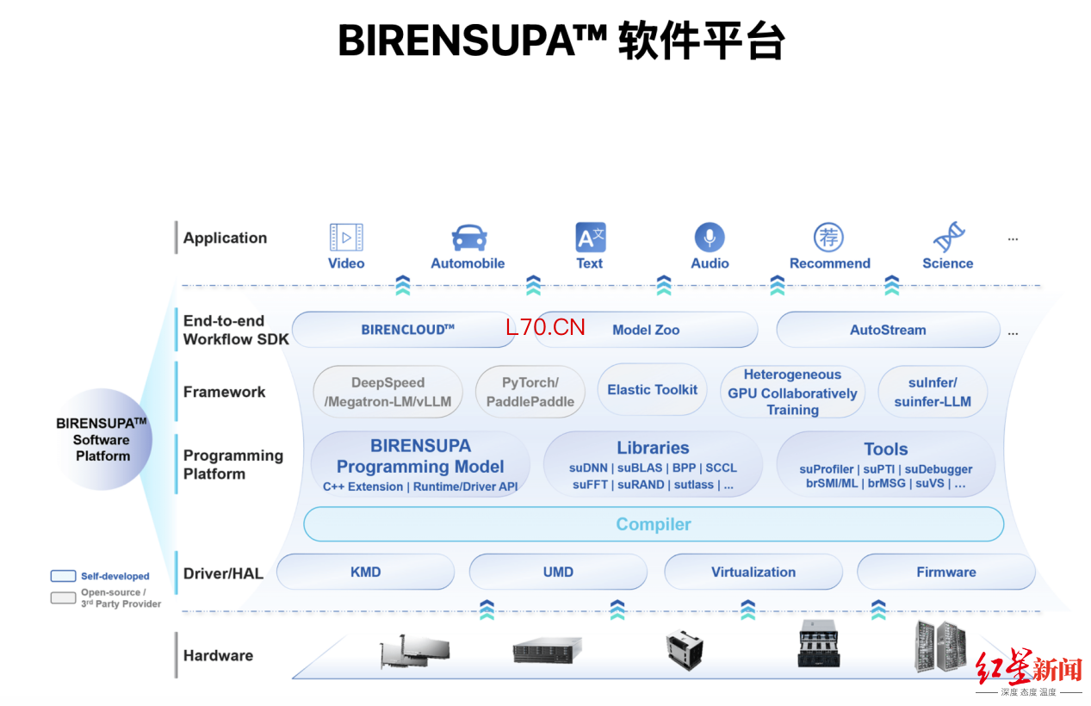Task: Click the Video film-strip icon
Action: tap(346, 237)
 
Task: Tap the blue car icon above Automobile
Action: tap(468, 238)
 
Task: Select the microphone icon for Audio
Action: tap(710, 238)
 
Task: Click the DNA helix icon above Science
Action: tap(949, 237)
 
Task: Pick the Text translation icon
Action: tap(591, 238)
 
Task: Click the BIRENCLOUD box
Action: tap(404, 330)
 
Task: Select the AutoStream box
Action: tap(888, 330)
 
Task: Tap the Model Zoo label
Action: tap(646, 330)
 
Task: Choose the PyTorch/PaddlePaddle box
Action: tap(530, 392)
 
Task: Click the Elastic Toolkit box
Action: tap(652, 389)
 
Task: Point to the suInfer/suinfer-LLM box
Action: tap(933, 392)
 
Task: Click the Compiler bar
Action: tap(654, 523)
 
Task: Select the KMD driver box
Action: tap(365, 572)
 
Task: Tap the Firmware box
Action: tap(945, 572)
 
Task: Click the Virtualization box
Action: tap(753, 572)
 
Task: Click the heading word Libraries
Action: tap(653, 448)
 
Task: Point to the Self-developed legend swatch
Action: tap(64, 576)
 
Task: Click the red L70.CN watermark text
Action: tap(545, 327)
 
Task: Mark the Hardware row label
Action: tap(218, 655)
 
